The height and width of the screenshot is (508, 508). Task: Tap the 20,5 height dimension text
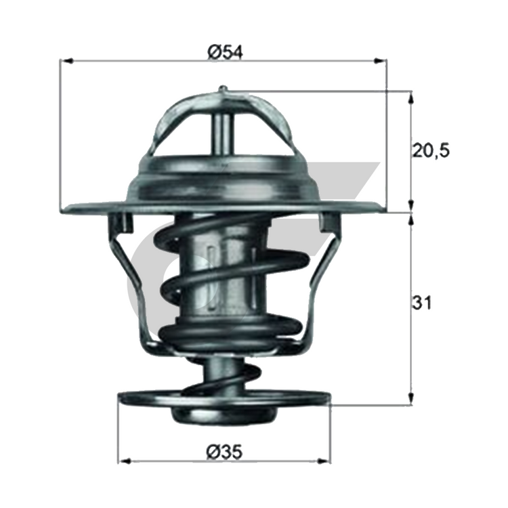431,151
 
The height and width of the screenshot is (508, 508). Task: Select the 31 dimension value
421,303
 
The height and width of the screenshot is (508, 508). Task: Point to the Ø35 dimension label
224,451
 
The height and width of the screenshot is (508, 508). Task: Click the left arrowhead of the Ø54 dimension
66,60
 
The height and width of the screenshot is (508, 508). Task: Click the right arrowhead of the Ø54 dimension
381,60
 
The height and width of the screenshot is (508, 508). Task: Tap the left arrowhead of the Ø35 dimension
124,461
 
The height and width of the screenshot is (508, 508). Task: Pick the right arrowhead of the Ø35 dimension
324,461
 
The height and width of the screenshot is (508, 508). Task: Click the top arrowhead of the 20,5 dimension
411,97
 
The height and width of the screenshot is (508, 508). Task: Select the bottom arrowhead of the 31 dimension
411,398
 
